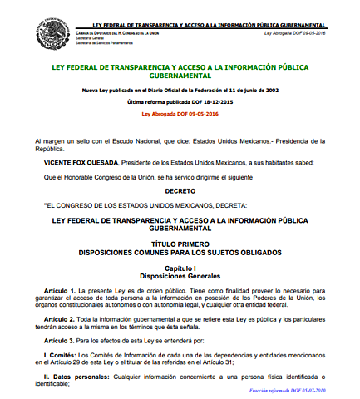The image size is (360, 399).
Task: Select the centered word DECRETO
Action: (180, 190)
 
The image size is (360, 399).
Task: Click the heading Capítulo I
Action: (180, 268)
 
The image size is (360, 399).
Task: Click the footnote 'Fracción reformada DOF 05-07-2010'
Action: (311, 391)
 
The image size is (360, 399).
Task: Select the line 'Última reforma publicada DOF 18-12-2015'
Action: (179, 100)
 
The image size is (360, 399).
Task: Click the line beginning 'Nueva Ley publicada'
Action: (179, 88)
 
